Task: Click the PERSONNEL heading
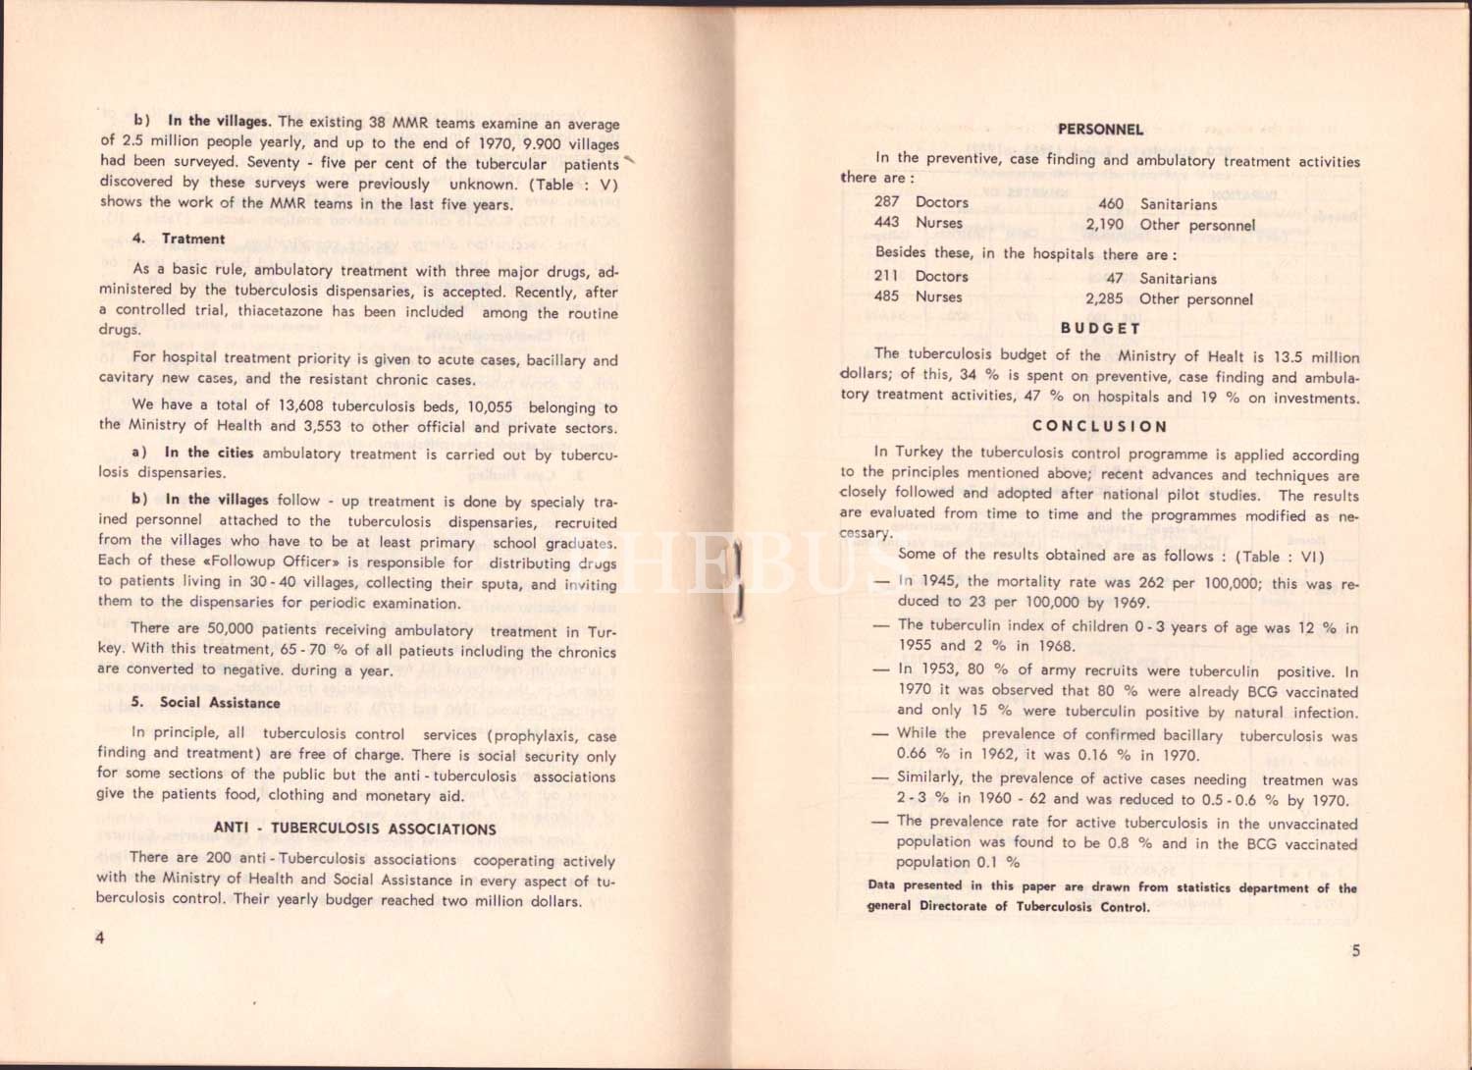[x=1100, y=130]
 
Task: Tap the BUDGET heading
[x=1100, y=328]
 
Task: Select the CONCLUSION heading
[x=1099, y=427]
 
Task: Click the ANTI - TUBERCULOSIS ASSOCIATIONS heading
[x=355, y=829]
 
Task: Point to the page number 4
[x=99, y=938]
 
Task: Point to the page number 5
[x=1356, y=950]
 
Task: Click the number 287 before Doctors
[x=887, y=202]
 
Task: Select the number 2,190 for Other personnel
[x=1104, y=225]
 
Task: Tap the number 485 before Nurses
[x=887, y=296]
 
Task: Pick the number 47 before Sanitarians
[x=1114, y=279]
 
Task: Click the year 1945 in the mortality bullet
[x=941, y=581]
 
